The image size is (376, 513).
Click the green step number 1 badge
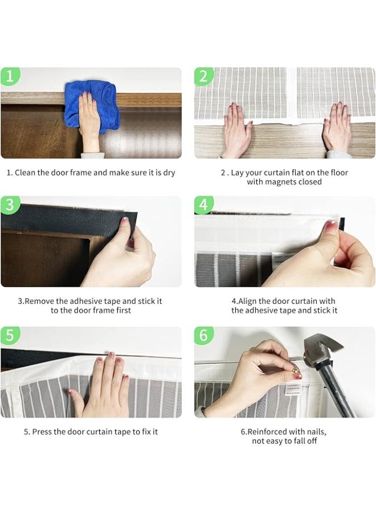tap(10, 76)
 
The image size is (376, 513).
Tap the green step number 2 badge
tap(203, 76)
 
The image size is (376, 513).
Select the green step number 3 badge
tap(10, 205)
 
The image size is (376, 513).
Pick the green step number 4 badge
tap(203, 205)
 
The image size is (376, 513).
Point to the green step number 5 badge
tap(10, 335)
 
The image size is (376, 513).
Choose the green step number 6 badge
tap(203, 335)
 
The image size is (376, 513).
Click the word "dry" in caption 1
tap(169, 173)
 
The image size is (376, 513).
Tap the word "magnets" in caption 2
tap(280, 182)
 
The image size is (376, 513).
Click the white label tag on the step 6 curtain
tap(293, 389)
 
